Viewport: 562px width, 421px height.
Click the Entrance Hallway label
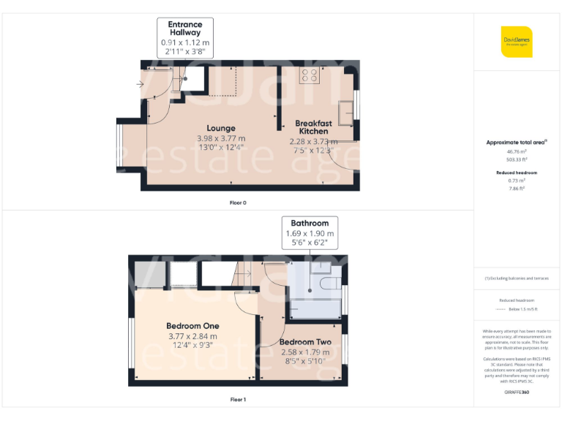pyautogui.click(x=185, y=29)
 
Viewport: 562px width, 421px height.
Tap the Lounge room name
pyautogui.click(x=221, y=129)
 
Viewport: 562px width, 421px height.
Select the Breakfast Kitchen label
pyautogui.click(x=314, y=128)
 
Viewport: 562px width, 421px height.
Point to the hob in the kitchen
pyautogui.click(x=308, y=75)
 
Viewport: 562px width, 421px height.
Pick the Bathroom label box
pyautogui.click(x=310, y=223)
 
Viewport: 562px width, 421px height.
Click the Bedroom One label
pyautogui.click(x=192, y=326)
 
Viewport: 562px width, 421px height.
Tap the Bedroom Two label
pyautogui.click(x=305, y=342)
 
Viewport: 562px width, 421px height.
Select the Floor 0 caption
pyautogui.click(x=239, y=202)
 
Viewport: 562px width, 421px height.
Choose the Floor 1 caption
pyautogui.click(x=239, y=400)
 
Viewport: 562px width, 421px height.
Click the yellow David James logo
pyautogui.click(x=517, y=42)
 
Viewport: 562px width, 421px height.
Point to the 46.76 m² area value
pyautogui.click(x=517, y=151)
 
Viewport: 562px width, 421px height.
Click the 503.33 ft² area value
pyautogui.click(x=517, y=159)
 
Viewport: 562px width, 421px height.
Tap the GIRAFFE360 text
pyautogui.click(x=517, y=392)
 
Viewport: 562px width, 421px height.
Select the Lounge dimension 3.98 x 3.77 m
pyautogui.click(x=221, y=139)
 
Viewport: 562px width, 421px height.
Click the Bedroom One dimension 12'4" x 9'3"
pyautogui.click(x=192, y=346)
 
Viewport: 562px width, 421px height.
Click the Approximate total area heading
pyautogui.click(x=517, y=143)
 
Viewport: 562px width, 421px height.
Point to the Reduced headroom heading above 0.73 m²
pyautogui.click(x=517, y=172)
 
